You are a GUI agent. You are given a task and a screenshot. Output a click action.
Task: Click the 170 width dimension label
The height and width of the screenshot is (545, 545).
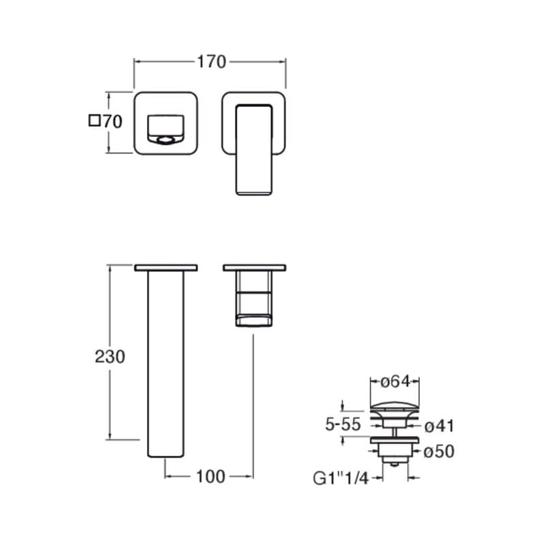click(x=211, y=62)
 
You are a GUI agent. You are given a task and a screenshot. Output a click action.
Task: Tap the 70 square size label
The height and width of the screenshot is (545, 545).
click(x=112, y=121)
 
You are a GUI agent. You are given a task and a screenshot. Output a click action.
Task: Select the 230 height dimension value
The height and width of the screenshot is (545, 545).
click(x=110, y=356)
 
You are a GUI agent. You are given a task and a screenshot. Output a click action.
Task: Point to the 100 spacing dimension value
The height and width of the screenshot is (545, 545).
click(x=211, y=476)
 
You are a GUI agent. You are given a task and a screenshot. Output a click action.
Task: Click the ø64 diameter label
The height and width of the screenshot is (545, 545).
click(x=396, y=381)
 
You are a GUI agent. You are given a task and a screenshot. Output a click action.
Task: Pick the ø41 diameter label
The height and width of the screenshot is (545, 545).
click(x=439, y=426)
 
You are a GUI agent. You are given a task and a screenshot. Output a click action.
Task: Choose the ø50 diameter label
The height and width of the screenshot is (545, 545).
click(x=439, y=452)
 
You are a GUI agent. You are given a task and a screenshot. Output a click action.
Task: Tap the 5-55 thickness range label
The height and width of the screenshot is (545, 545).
click(x=343, y=424)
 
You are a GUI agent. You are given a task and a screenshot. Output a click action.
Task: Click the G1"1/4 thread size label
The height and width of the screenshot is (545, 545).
click(x=341, y=478)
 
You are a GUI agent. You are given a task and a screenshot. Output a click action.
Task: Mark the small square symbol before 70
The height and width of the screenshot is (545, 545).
click(x=95, y=121)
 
